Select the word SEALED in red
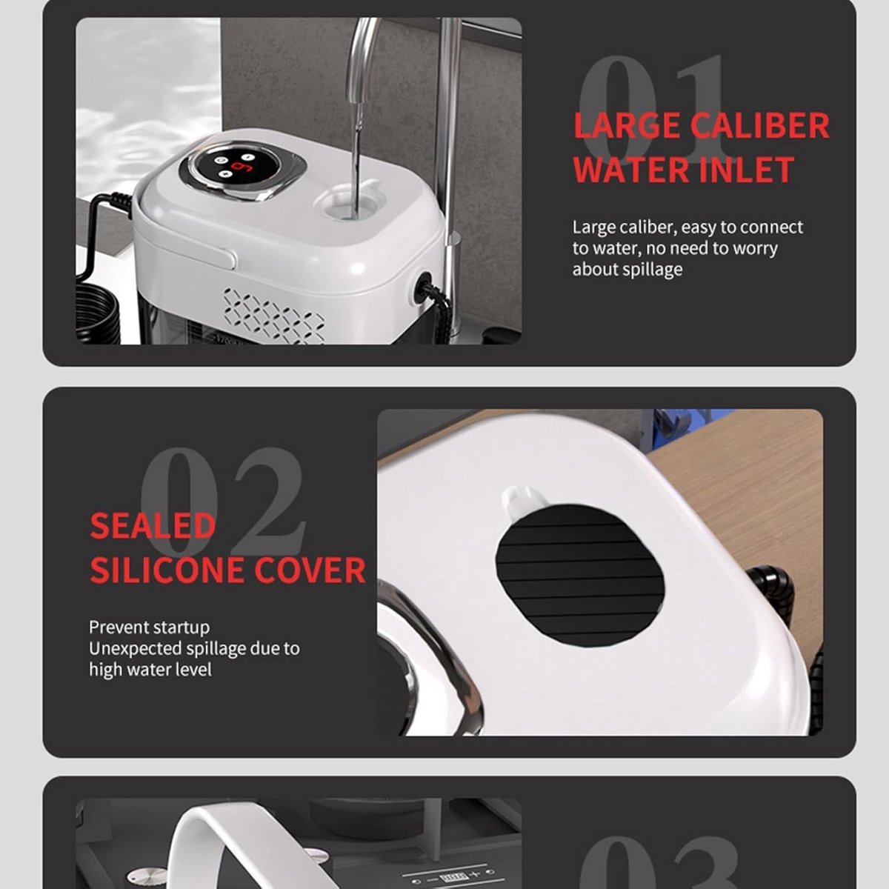(x=153, y=526)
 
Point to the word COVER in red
(x=310, y=570)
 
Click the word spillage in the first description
(x=650, y=270)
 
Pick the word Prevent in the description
(x=119, y=627)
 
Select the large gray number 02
(x=222, y=502)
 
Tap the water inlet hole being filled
(x=346, y=203)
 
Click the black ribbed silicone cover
(x=580, y=576)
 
